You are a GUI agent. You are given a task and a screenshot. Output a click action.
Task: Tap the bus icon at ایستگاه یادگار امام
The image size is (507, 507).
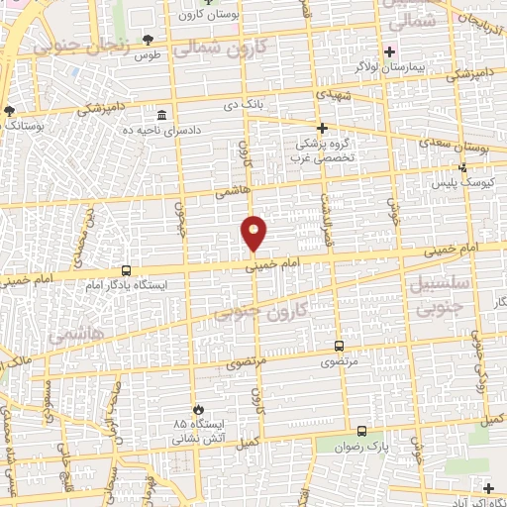(126, 269)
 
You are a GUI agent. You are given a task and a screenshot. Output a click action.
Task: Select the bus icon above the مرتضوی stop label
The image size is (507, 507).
(340, 346)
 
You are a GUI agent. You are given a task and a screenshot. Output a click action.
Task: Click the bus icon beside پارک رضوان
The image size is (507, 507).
(362, 431)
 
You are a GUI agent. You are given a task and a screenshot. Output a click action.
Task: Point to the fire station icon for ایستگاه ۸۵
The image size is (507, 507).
(198, 409)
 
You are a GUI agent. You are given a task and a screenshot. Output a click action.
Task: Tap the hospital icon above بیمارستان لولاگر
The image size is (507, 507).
(391, 51)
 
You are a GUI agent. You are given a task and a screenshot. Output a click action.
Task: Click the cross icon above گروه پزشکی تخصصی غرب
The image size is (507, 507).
(321, 128)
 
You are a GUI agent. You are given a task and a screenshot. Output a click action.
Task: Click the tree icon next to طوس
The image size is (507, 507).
(148, 40)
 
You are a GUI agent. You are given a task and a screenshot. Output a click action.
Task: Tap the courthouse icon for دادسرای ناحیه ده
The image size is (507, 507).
(162, 115)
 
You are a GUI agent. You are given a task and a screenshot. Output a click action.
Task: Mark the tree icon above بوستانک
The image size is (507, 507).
(10, 111)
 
